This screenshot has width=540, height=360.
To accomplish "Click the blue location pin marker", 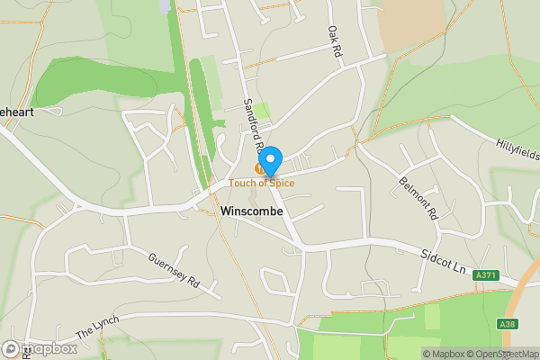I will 270,160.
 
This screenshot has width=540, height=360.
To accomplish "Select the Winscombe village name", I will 251,211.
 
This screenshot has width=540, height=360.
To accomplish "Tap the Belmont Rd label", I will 417,199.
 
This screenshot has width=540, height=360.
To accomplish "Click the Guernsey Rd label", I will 174,268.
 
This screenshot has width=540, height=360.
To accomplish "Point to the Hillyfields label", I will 517,146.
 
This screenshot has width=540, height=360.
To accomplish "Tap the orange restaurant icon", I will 260,168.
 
